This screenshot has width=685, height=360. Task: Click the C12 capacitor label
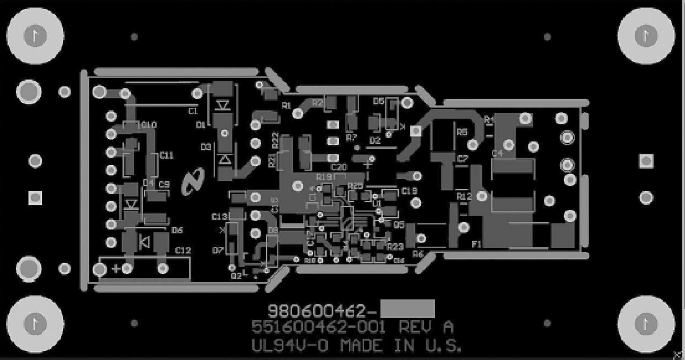[x=183, y=250]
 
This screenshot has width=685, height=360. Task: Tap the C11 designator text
[x=166, y=155]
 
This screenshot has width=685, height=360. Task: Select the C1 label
[x=193, y=111]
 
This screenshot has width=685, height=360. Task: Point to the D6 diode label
[x=177, y=230]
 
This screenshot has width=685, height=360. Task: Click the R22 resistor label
[x=275, y=141]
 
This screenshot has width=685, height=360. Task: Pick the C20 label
[x=339, y=167]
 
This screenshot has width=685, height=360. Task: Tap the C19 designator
[x=409, y=191]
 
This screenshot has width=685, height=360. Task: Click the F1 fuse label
[x=476, y=244]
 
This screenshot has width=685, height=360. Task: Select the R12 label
[x=464, y=196]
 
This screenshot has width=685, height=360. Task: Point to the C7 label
[x=463, y=159]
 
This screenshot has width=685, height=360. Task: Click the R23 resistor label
[x=395, y=247]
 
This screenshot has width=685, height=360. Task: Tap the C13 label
[x=219, y=216]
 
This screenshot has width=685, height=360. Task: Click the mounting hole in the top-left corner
[x=35, y=36]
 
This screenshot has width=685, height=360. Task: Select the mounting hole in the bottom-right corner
[x=646, y=324]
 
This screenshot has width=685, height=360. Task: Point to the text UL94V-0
[x=291, y=346]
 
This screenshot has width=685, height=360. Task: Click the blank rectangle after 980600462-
[x=407, y=309]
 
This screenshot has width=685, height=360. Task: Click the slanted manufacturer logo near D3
[x=193, y=181]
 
